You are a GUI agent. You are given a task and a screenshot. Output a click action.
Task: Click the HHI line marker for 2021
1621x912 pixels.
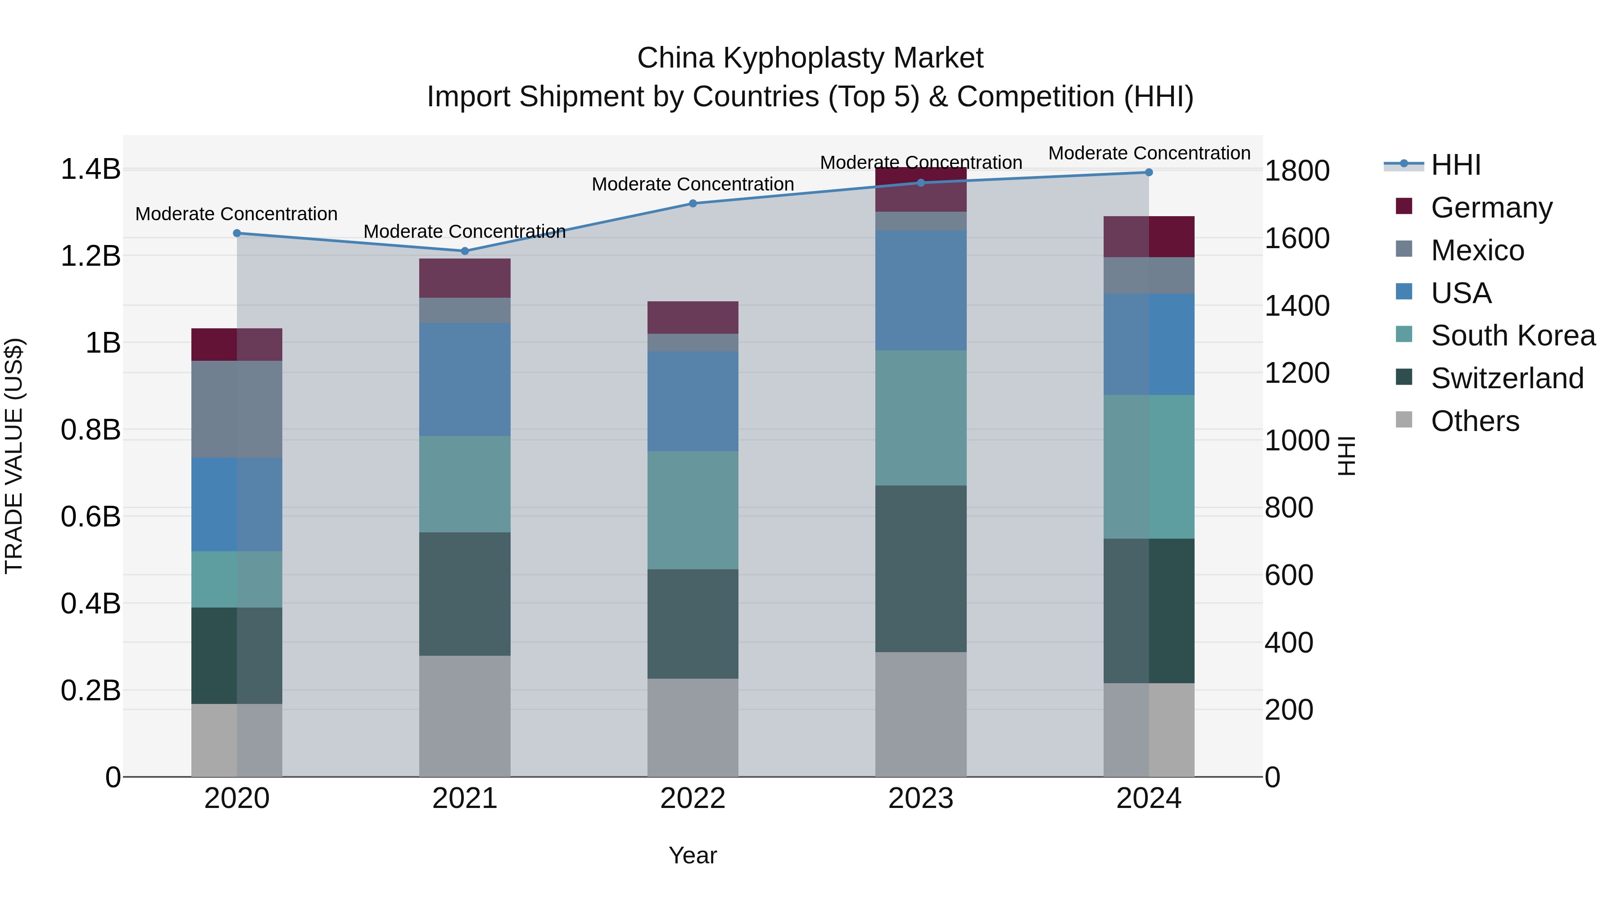[465, 251]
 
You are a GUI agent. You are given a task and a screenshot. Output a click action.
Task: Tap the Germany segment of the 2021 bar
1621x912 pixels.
[465, 278]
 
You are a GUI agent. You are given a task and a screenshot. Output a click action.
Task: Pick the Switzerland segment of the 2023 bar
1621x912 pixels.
[921, 568]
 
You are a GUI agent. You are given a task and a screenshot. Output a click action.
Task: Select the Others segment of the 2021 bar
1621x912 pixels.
[465, 716]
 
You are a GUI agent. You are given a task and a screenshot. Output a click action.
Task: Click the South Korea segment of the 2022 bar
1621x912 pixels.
[693, 510]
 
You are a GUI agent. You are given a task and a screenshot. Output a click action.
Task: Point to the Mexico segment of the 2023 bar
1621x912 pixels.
[921, 221]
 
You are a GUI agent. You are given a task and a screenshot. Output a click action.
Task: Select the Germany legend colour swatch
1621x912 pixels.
[1404, 206]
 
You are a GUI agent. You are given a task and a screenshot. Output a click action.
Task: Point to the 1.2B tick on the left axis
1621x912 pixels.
[91, 256]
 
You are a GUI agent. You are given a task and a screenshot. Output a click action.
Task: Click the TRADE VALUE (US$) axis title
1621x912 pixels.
[14, 456]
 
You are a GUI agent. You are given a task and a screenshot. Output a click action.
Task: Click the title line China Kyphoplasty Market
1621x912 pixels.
[810, 58]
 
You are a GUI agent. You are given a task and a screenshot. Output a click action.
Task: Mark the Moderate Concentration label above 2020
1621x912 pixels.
[236, 214]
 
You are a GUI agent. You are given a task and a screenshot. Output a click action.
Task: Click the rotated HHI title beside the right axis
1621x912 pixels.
[1346, 456]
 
